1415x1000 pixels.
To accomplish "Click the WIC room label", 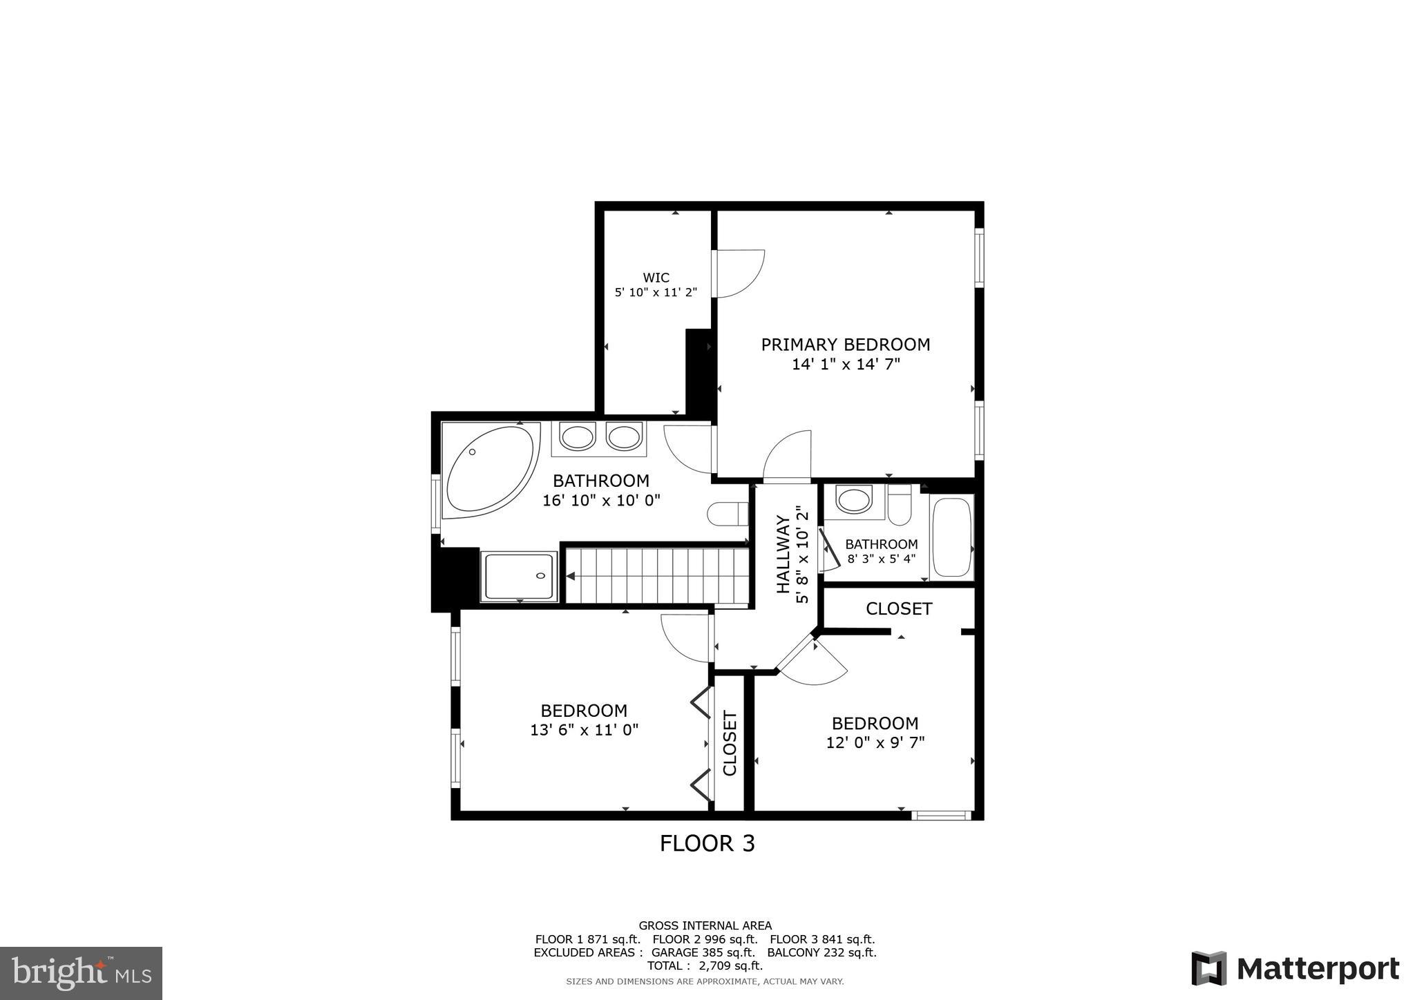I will pos(656,278).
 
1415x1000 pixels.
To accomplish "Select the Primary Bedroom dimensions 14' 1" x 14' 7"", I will pos(846,364).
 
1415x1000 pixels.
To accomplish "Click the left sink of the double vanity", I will pos(577,437).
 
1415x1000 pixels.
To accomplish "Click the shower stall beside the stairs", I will pos(519,576).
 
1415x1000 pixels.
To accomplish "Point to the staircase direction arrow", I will pos(571,576).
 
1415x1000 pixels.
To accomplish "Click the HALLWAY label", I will pos(783,554).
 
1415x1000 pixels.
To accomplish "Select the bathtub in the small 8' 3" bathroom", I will pos(952,537).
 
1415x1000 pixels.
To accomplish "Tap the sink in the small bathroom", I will pos(853,499).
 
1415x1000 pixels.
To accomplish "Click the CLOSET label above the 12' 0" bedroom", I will pos(899,608).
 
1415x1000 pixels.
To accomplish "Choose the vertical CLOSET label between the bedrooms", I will pos(730,743).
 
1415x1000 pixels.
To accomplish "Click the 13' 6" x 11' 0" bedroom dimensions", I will pos(584,729).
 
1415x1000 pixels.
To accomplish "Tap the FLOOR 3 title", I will pos(707,843).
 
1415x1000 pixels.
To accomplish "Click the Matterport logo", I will pos(1295,968).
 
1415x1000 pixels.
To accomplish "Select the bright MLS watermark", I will pos(81,973).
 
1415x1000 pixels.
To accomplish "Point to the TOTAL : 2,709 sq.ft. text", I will pos(705,965).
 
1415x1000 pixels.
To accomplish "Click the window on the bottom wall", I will pos(941,816).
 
